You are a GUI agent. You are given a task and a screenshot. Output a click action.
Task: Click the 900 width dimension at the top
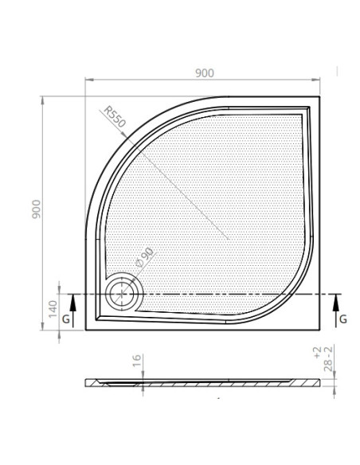(205, 73)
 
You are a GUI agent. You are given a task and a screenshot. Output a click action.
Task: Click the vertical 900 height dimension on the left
(36, 209)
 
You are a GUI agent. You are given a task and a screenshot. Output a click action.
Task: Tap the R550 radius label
(115, 117)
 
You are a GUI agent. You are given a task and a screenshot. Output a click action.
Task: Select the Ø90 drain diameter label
(145, 257)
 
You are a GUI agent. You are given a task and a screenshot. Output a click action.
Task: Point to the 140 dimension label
(53, 309)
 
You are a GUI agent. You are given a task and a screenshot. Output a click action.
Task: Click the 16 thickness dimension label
(137, 361)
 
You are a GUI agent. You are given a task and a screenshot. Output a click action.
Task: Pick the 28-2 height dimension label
(328, 359)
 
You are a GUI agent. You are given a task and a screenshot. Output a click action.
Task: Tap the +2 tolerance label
(317, 352)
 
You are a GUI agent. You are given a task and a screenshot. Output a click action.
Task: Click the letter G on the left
(66, 319)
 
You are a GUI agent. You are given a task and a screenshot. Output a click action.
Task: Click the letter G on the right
(343, 319)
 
